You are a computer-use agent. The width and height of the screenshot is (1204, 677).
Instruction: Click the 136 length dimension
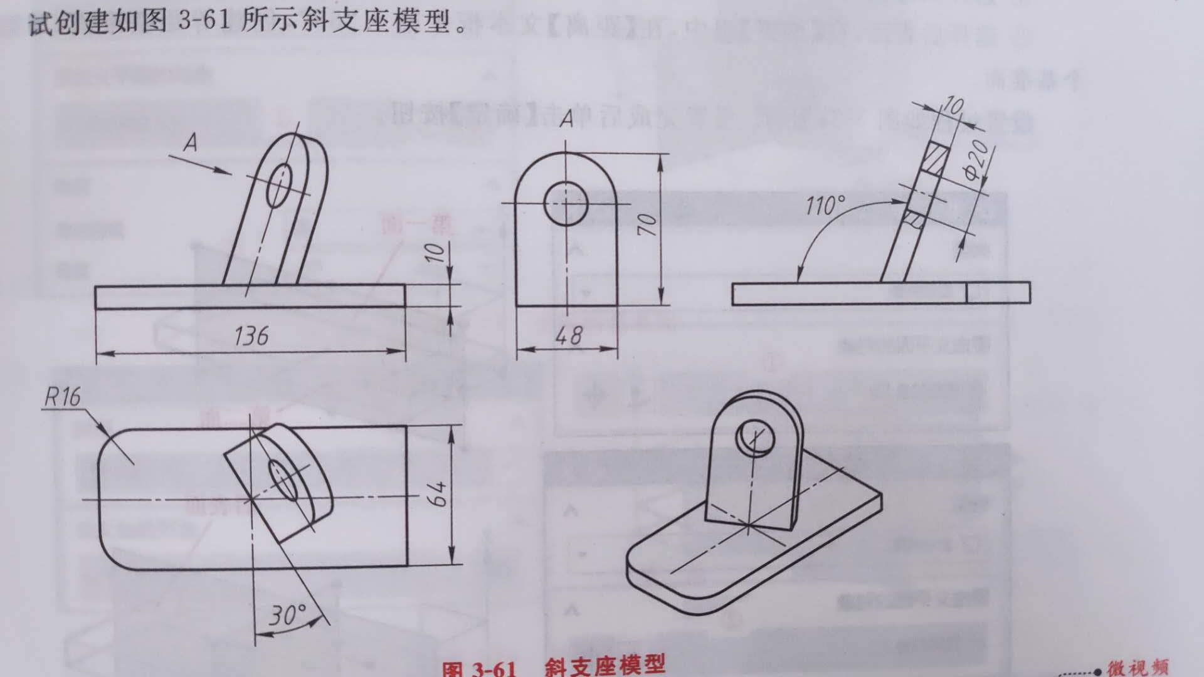251,336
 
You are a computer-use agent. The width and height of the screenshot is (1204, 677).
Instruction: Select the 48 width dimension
568,336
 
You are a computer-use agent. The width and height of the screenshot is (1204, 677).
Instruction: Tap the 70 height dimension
647,224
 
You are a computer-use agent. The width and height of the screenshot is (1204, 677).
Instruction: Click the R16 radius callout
63,396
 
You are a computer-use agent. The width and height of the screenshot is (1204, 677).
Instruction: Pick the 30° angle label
287,616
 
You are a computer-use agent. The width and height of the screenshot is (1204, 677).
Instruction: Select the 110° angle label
825,205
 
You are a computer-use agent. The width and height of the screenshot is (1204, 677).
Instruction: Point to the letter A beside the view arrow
191,144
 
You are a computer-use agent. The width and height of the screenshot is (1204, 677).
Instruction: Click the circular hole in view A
565,204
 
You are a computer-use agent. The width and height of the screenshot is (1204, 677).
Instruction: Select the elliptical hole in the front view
278,185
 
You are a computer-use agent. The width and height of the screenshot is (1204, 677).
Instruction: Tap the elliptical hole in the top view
283,480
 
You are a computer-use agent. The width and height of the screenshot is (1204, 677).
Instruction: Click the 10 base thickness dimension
435,252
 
